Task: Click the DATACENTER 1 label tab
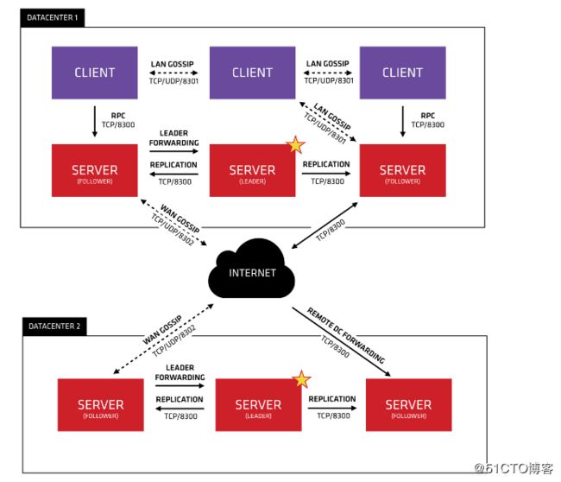(53, 17)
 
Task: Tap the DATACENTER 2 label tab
(54, 327)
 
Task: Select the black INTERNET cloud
(251, 270)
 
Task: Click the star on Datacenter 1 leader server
(295, 144)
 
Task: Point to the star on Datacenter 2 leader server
(301, 379)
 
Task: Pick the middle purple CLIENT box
(252, 73)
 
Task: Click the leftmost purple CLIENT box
(94, 73)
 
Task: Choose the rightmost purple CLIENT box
(402, 73)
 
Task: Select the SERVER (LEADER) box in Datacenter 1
(252, 170)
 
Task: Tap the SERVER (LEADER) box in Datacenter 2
(258, 405)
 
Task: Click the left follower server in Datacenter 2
(100, 405)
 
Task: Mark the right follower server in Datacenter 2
(408, 405)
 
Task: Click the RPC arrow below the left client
(95, 122)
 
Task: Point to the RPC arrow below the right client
(403, 122)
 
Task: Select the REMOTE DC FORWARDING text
(346, 335)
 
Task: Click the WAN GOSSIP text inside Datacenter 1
(180, 219)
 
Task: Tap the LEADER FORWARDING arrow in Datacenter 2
(180, 385)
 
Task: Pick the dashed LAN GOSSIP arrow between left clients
(173, 73)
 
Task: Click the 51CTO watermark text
(514, 468)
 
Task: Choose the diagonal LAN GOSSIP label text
(332, 116)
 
